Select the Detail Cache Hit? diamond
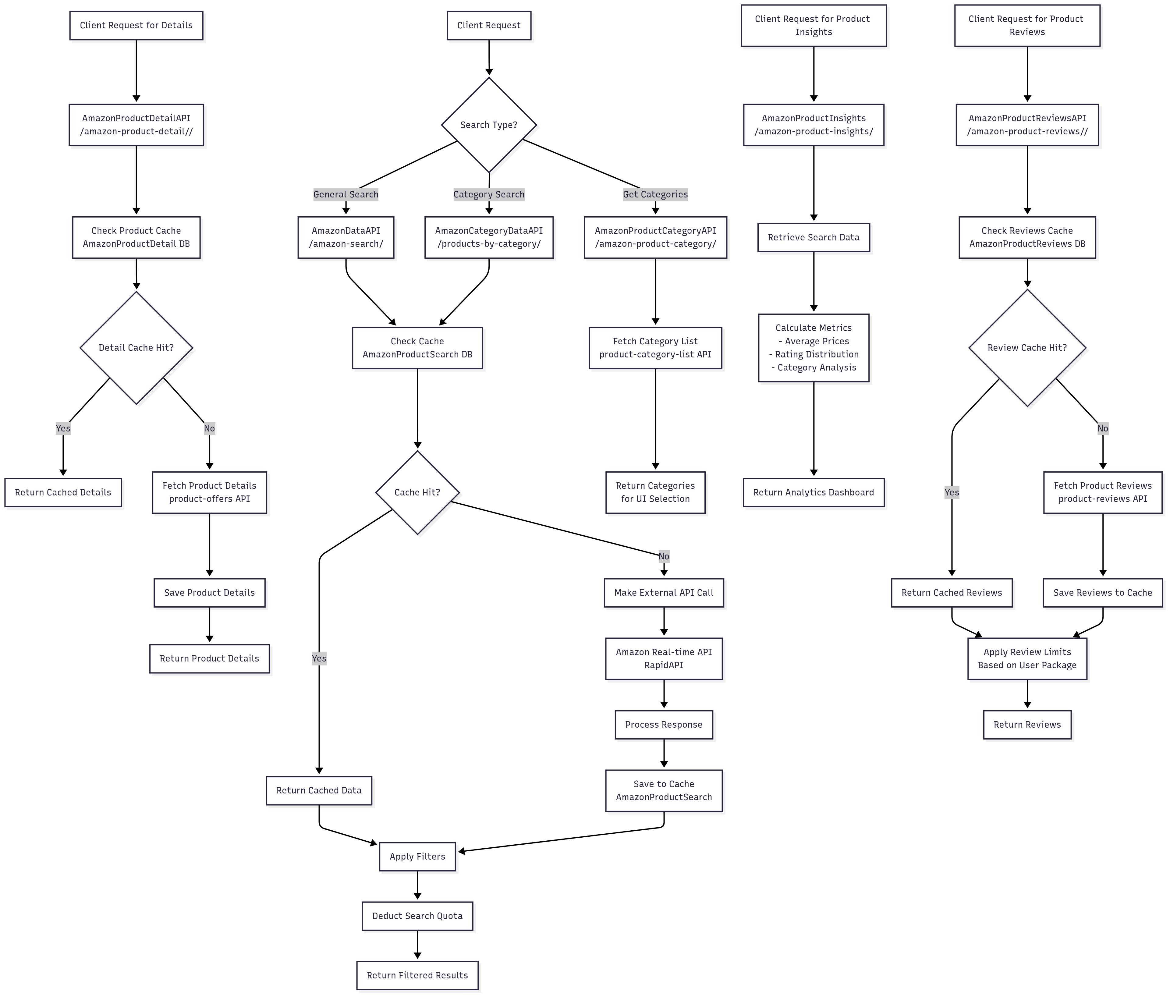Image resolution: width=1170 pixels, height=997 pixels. point(136,348)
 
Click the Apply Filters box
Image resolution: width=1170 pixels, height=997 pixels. point(417,857)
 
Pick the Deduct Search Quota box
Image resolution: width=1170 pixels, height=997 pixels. point(417,916)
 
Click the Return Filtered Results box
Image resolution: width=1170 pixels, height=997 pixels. point(417,975)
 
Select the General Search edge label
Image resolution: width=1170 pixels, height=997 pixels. point(346,194)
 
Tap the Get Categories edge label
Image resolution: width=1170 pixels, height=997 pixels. point(655,194)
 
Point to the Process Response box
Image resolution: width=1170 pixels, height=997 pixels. point(664,724)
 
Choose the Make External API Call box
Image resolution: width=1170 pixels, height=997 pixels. point(664,592)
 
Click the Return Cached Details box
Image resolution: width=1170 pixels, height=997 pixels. point(63,492)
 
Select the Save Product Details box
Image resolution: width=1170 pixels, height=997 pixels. point(210,592)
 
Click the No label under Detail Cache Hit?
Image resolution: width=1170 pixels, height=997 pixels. point(210,428)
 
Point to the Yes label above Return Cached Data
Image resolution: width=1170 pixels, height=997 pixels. point(319,658)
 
